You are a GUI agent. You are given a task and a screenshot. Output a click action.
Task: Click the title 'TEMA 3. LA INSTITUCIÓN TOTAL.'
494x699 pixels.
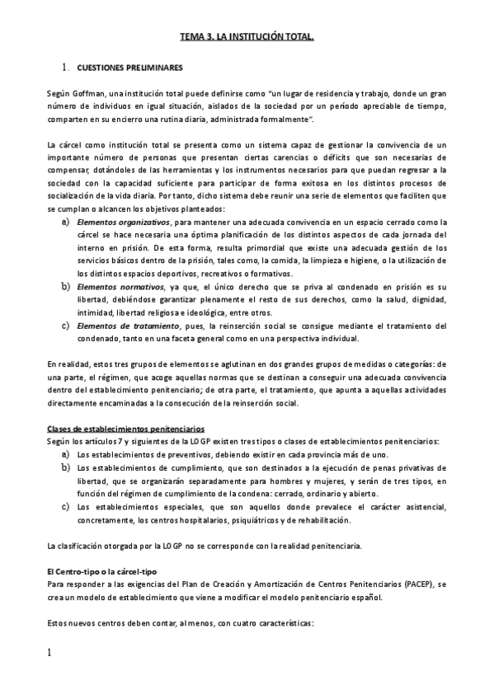[x=247, y=38]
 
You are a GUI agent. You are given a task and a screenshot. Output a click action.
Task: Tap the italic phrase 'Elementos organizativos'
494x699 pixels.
[x=124, y=222]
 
